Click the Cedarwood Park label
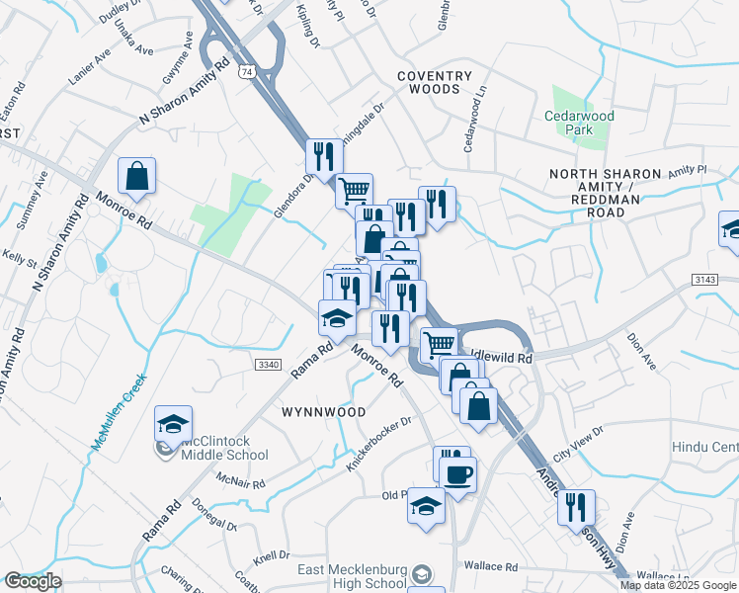579,123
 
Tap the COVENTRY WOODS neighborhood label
429,82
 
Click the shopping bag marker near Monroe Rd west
137,177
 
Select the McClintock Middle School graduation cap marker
173,425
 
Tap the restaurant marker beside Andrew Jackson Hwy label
575,508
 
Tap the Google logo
33,581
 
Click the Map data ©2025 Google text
679,585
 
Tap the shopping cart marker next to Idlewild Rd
439,345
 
